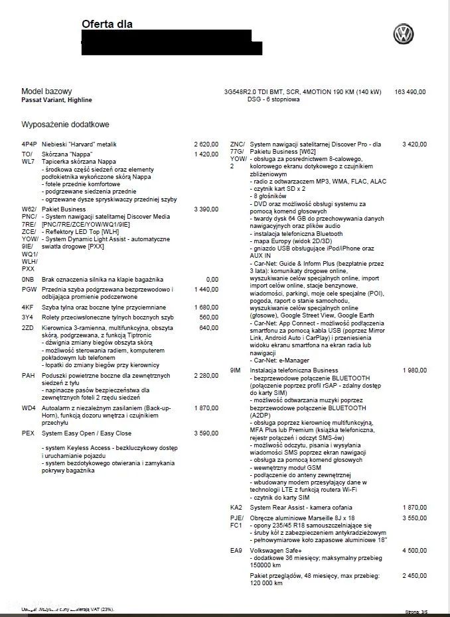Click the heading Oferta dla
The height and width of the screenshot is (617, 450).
tap(107, 25)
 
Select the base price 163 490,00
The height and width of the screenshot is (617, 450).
tap(410, 91)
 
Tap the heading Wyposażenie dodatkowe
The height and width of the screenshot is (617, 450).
tap(65, 125)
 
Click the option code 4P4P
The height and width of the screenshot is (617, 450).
tap(29, 144)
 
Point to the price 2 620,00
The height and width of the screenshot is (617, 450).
tap(206, 144)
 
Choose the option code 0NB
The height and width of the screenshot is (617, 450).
tap(27, 280)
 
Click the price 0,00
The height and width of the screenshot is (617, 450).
tap(212, 280)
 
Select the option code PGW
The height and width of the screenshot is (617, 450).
tap(29, 290)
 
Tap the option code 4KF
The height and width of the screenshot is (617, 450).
tap(27, 308)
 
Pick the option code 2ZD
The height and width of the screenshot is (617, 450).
tap(27, 327)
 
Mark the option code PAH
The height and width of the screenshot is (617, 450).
tap(28, 376)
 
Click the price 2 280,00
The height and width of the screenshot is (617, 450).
tap(206, 376)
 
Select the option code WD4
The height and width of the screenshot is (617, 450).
tap(29, 408)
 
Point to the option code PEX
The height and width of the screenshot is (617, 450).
tap(28, 433)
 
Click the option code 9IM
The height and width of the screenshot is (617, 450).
tap(235, 370)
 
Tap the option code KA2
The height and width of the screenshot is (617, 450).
tap(236, 507)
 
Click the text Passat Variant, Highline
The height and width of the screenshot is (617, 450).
tap(57, 100)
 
